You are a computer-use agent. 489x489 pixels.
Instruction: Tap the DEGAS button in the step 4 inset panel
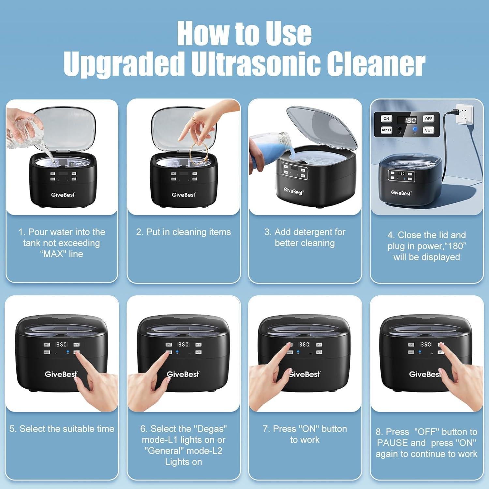click(386, 130)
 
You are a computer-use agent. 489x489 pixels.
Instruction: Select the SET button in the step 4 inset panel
click(428, 130)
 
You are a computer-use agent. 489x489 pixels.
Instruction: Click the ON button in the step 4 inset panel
click(386, 119)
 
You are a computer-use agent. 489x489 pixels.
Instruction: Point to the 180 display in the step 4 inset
click(410, 120)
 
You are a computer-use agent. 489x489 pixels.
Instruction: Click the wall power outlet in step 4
click(464, 114)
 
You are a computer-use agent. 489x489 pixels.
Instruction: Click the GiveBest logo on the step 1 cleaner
click(63, 195)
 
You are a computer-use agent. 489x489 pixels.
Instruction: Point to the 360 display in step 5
click(61, 344)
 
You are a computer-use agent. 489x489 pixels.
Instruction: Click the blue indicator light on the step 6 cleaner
click(177, 352)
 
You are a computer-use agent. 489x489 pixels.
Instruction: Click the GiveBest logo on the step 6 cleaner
click(183, 374)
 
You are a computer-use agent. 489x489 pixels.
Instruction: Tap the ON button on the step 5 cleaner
click(47, 344)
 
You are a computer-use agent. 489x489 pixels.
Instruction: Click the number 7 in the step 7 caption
click(265, 429)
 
